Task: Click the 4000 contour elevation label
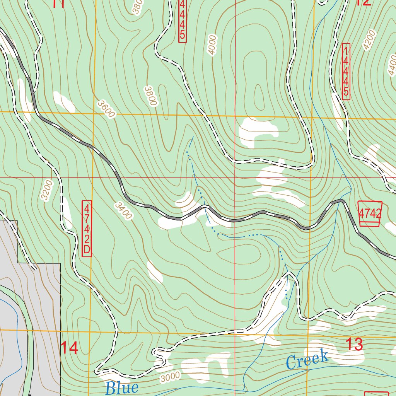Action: click(x=212, y=46)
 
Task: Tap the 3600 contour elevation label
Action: click(x=106, y=109)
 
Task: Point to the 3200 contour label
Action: click(x=46, y=191)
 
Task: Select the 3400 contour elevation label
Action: click(x=124, y=211)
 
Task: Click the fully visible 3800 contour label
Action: click(x=150, y=96)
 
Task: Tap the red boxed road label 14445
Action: click(x=346, y=71)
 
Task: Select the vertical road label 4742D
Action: click(x=87, y=228)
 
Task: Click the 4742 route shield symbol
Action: click(x=370, y=213)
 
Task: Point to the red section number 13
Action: click(x=354, y=345)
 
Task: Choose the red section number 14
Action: click(x=70, y=348)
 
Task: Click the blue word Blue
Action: click(x=121, y=387)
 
